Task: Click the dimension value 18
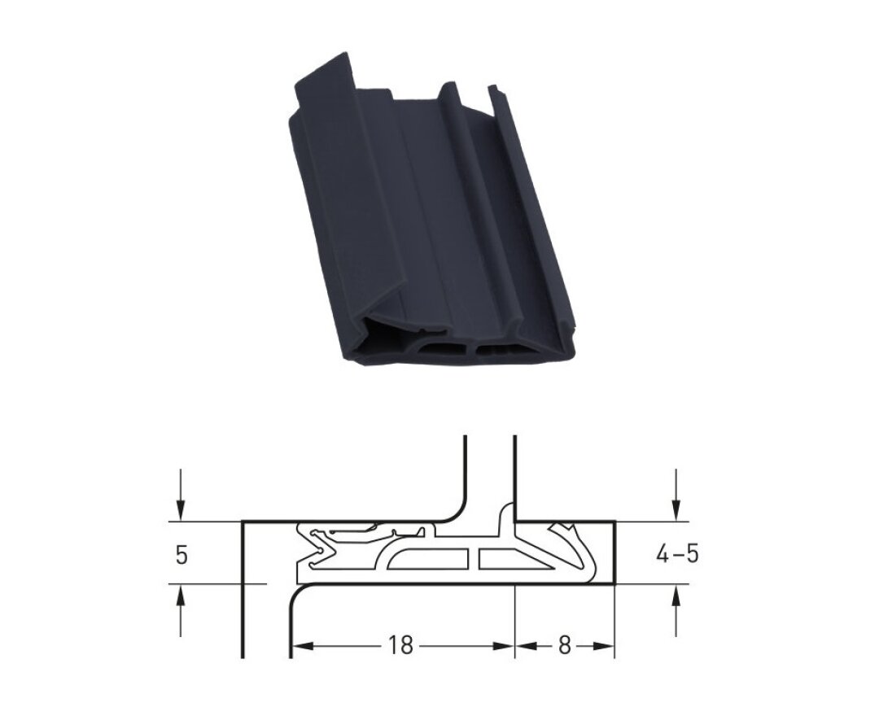coord(400,646)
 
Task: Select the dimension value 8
coord(565,646)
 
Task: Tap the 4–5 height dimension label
coord(677,554)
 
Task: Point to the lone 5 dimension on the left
coord(181,555)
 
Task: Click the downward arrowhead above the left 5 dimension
coord(180,510)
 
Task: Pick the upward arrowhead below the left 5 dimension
coord(180,596)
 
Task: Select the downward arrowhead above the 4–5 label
coord(676,510)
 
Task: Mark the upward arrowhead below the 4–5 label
coord(676,596)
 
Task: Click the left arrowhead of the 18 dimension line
coord(302,646)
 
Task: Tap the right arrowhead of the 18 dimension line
coord(504,646)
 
